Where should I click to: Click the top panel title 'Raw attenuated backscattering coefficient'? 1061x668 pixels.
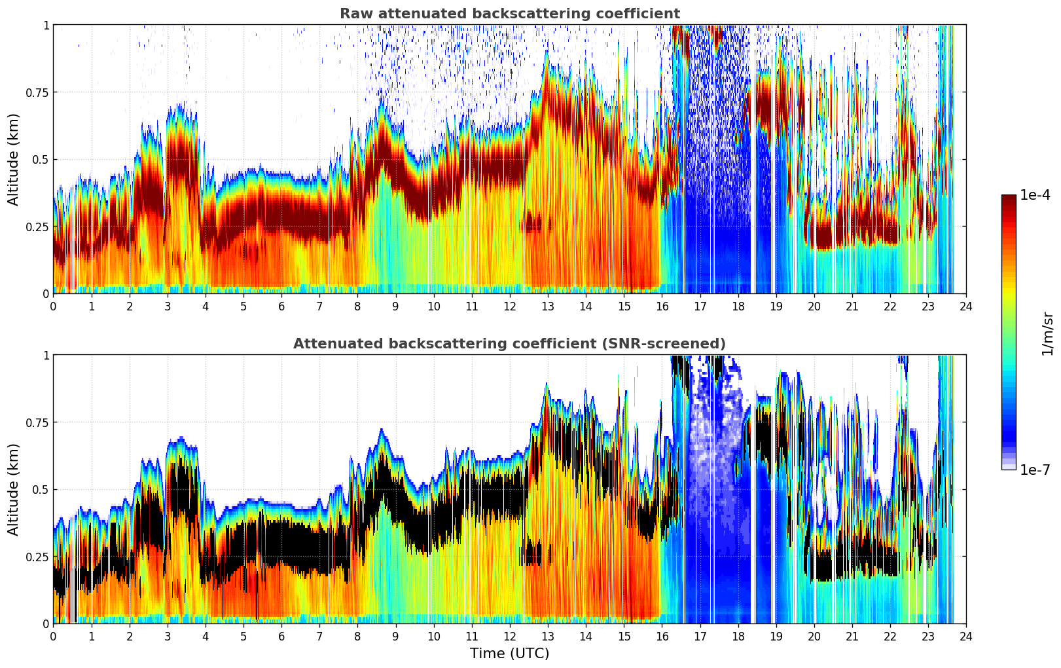(509, 14)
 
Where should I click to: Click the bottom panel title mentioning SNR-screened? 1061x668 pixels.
(509, 344)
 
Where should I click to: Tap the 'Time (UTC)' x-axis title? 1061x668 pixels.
(509, 654)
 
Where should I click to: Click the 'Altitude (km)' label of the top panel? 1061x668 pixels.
(14, 159)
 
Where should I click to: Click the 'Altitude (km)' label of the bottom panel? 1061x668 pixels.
(14, 489)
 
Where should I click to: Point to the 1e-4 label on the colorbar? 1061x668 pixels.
(1035, 195)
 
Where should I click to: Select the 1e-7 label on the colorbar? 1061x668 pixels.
(1035, 470)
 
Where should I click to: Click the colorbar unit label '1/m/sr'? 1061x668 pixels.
(1047, 333)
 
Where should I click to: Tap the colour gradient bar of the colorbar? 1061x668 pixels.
(1009, 332)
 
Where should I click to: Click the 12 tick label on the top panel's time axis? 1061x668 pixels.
(509, 306)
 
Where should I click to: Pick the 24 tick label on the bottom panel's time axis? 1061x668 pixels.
(965, 636)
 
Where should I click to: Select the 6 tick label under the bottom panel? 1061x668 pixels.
(281, 636)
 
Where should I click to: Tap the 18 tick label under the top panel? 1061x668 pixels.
(738, 306)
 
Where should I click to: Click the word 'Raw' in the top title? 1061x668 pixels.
(353, 14)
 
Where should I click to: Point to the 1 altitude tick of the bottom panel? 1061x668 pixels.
(46, 355)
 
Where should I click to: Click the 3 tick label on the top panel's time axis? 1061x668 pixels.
(168, 306)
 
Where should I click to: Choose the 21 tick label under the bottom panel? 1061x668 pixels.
(852, 636)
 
